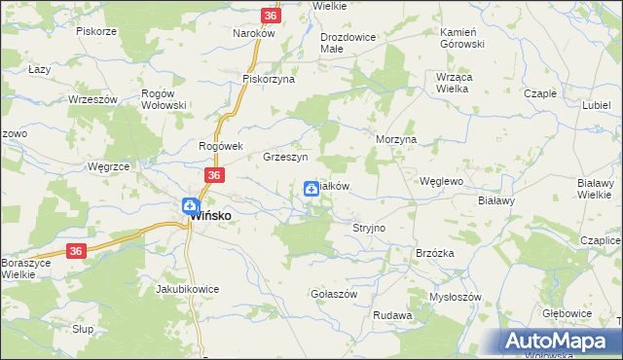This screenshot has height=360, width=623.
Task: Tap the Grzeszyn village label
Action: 285,157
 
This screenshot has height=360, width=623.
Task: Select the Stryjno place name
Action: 369,228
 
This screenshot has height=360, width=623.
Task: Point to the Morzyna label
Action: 396,139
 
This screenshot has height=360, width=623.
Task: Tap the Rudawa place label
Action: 392,316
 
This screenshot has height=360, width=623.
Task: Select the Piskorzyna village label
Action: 269,79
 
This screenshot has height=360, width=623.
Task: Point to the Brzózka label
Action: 435,253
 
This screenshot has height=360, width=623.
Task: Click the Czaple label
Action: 540,93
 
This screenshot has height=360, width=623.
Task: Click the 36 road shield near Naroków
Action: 271,16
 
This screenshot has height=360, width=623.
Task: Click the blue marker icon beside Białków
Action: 311,190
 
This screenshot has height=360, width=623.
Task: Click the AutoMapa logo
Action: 560,342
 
